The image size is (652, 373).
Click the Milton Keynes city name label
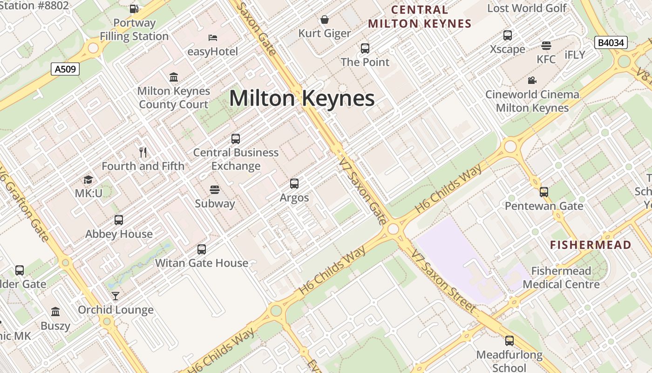[x=302, y=98]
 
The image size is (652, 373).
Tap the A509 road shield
[x=65, y=69]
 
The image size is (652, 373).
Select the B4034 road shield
[x=611, y=43]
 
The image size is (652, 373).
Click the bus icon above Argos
[x=294, y=184]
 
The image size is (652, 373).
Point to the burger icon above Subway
[x=215, y=190]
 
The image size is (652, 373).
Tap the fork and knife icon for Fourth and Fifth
[x=143, y=152]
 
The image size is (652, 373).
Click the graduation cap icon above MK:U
[x=88, y=180]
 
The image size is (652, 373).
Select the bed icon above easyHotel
[x=213, y=37]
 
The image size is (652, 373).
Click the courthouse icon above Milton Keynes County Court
[x=174, y=77]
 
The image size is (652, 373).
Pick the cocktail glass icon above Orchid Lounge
[x=115, y=296]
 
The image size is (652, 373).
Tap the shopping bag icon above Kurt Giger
[x=325, y=20]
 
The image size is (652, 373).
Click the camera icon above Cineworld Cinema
[x=532, y=80]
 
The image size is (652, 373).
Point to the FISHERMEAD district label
[x=591, y=245]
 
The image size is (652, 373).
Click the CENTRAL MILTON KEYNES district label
[x=420, y=17]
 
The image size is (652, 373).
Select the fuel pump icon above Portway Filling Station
[x=134, y=8]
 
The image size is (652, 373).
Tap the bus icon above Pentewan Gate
[x=544, y=192]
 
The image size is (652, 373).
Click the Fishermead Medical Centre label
[x=561, y=277]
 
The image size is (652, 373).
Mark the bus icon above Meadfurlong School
[x=509, y=341]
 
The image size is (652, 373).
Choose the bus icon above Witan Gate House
[x=202, y=249]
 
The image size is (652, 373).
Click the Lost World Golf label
[x=527, y=8]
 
